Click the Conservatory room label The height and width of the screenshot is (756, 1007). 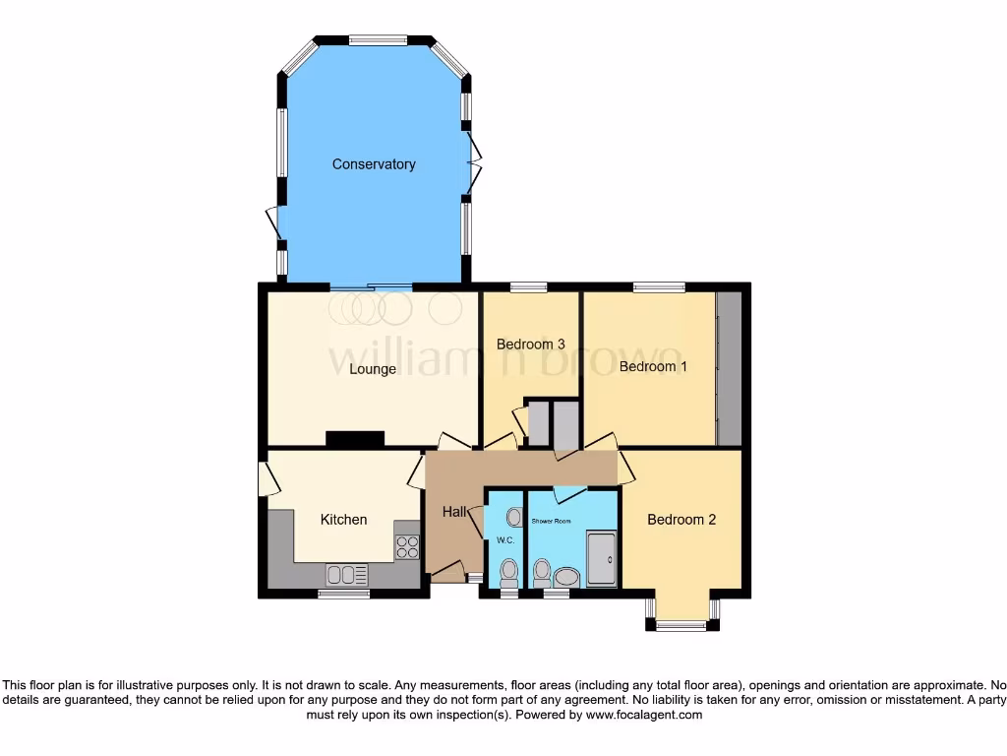(374, 164)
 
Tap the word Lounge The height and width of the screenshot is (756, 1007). (373, 369)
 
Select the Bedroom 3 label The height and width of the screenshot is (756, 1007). (530, 345)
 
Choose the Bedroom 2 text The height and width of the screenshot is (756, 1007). (681, 519)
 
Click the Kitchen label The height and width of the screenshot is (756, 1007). (343, 519)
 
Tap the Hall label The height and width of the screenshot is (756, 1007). (454, 512)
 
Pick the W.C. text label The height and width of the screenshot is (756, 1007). (505, 540)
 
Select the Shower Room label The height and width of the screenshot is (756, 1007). (551, 520)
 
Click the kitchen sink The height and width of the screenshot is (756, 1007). (347, 574)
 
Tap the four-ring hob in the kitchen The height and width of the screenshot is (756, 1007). (406, 547)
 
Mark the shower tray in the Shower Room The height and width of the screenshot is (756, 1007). (601, 559)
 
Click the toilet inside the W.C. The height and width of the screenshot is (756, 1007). (508, 571)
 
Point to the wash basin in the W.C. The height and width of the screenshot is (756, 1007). (514, 515)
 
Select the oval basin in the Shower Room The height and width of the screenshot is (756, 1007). (567, 577)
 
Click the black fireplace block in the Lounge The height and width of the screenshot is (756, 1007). (355, 440)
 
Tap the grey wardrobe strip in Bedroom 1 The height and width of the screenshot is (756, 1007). (729, 368)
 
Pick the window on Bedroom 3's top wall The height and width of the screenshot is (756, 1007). (529, 287)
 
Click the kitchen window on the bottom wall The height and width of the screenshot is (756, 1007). (343, 594)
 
